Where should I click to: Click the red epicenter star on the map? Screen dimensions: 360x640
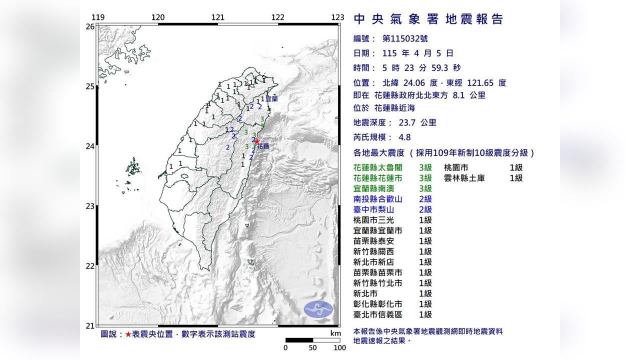(x=256, y=141)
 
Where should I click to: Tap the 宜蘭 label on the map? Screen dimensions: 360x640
(x=271, y=99)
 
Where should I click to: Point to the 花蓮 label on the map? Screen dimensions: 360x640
(x=263, y=146)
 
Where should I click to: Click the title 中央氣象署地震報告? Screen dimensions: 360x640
(x=428, y=19)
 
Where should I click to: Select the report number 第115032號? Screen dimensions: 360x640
(x=404, y=38)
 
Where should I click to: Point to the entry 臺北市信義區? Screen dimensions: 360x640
(x=378, y=314)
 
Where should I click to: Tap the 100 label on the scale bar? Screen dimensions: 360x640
(x=339, y=348)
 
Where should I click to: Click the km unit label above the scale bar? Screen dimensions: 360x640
(x=335, y=333)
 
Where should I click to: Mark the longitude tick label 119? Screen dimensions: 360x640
(x=98, y=17)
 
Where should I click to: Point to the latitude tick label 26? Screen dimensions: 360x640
(x=90, y=26)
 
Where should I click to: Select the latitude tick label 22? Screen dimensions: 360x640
(x=90, y=265)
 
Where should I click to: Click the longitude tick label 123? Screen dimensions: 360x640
(x=337, y=17)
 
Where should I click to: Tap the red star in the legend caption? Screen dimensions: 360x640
(x=128, y=334)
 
